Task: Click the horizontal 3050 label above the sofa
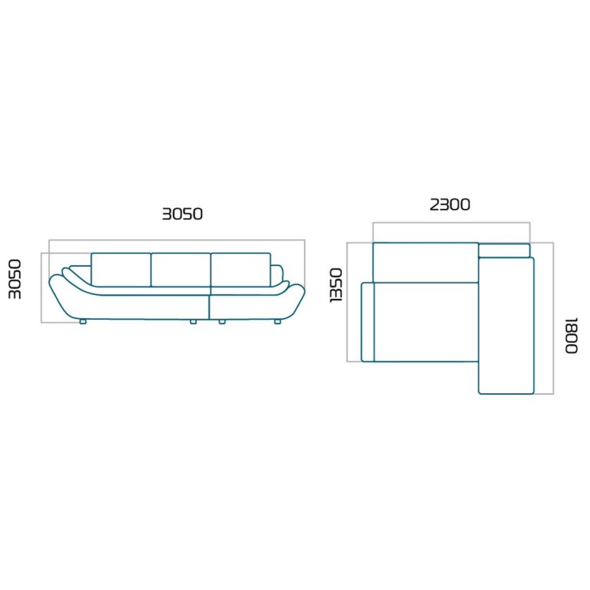coord(183,214)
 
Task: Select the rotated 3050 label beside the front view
coord(15,279)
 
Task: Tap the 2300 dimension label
coord(450,204)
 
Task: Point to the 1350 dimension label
coord(336,285)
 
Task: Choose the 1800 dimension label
coord(572,336)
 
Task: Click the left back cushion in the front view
coord(121,270)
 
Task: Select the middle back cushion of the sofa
coord(181,270)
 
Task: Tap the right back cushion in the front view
coord(240,270)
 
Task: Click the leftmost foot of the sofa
coord(83,322)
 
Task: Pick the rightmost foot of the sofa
coord(277,322)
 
